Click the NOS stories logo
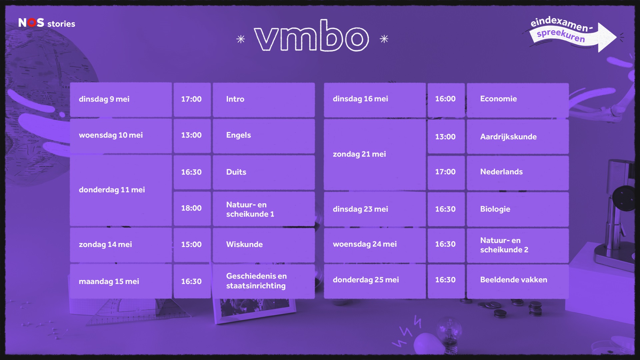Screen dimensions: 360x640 47,23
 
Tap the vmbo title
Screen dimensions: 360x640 311,36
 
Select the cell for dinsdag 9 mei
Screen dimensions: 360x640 121,99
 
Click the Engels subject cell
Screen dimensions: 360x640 263,135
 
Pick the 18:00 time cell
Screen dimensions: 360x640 192,208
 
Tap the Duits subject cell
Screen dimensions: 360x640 263,172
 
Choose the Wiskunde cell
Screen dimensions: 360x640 263,245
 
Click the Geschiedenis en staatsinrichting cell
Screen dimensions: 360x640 263,281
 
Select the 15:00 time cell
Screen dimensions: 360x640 192,245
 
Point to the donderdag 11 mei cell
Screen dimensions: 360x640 121,190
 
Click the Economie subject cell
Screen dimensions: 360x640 517,99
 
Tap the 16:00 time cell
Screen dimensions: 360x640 446,99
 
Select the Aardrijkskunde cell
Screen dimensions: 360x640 517,137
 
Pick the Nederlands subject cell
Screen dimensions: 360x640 517,172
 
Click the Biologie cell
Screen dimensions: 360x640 517,209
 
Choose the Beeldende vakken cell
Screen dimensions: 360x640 517,280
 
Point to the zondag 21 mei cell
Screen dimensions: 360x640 374,154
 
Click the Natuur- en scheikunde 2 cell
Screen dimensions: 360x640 517,245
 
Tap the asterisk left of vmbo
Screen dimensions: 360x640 241,39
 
